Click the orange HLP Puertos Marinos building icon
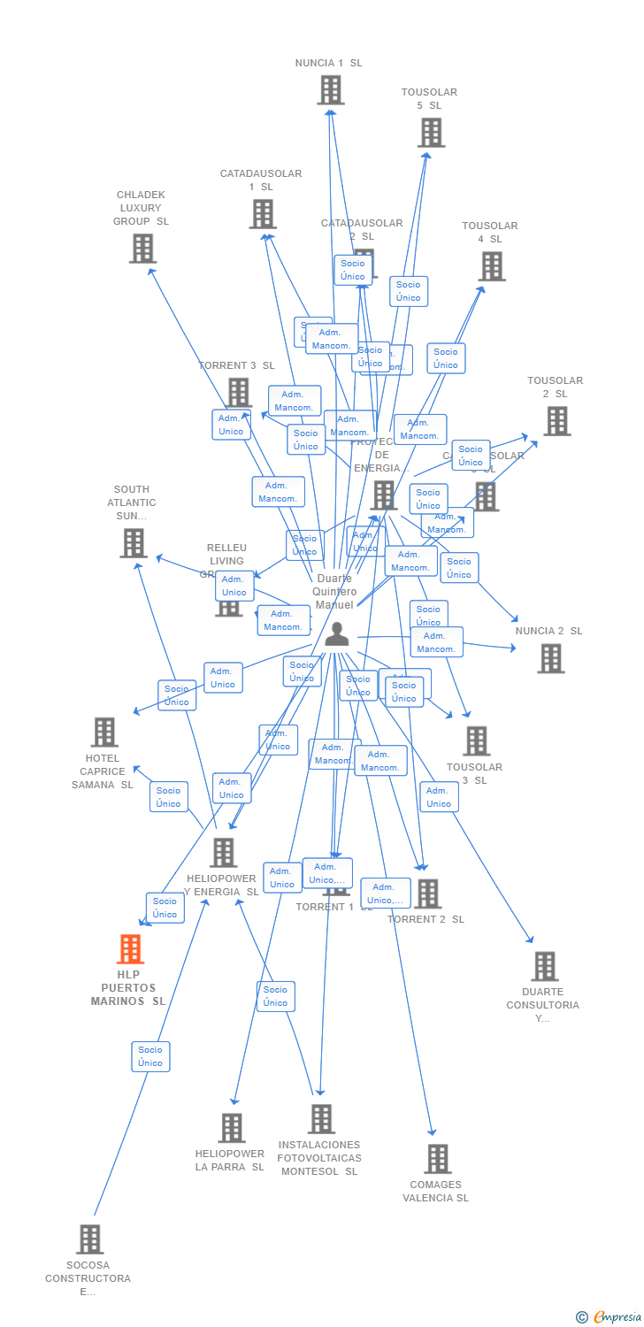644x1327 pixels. coord(131,949)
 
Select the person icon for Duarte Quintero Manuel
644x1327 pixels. coord(337,634)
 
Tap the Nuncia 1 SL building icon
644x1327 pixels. coord(330,90)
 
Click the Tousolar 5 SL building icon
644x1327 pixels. coord(431,133)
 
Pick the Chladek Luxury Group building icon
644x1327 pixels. coord(142,249)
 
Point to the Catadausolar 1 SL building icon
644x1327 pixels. coord(263,214)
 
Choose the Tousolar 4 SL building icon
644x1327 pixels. coord(492,266)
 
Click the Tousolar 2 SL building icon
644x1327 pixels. coord(556,421)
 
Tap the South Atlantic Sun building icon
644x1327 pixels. coord(133,543)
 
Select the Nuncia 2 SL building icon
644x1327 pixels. coord(550,658)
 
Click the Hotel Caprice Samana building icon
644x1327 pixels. coord(104,733)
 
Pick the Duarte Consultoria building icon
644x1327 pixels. coord(544,966)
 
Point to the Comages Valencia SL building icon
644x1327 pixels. coord(437,1159)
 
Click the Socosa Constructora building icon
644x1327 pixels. coord(89,1239)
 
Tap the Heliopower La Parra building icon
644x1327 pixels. coord(232,1128)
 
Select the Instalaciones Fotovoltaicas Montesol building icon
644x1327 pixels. coord(321,1119)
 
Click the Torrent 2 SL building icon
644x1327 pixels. coord(427,894)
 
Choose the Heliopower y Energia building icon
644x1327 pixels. coord(223,853)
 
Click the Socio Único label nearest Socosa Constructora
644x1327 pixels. coord(150,1056)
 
